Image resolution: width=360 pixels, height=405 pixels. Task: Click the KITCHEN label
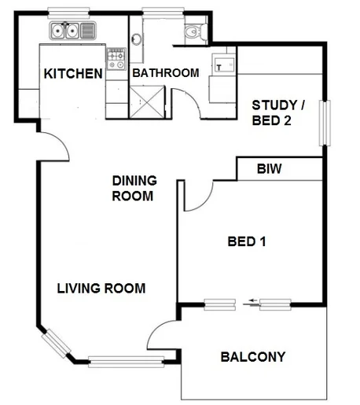point(73,74)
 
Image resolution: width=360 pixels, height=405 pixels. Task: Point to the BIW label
point(269,168)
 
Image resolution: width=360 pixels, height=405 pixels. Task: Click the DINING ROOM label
point(133,188)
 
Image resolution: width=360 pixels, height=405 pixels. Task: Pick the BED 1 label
point(245,241)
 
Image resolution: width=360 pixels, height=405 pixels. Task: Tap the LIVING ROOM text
point(101,289)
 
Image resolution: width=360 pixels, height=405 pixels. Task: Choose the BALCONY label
point(252,356)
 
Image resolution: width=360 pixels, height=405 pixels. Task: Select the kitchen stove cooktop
point(116,57)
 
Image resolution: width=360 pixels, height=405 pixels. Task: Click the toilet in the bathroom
point(193,31)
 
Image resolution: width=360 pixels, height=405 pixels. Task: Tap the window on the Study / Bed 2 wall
point(321,121)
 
